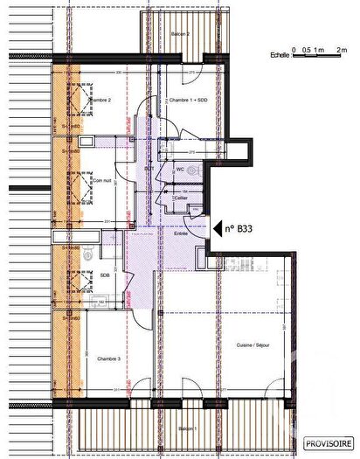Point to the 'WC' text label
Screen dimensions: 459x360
coord(179,168)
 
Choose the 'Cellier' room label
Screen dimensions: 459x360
coord(181,198)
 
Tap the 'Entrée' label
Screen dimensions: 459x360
coord(181,233)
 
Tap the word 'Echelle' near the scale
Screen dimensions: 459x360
coord(280,55)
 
